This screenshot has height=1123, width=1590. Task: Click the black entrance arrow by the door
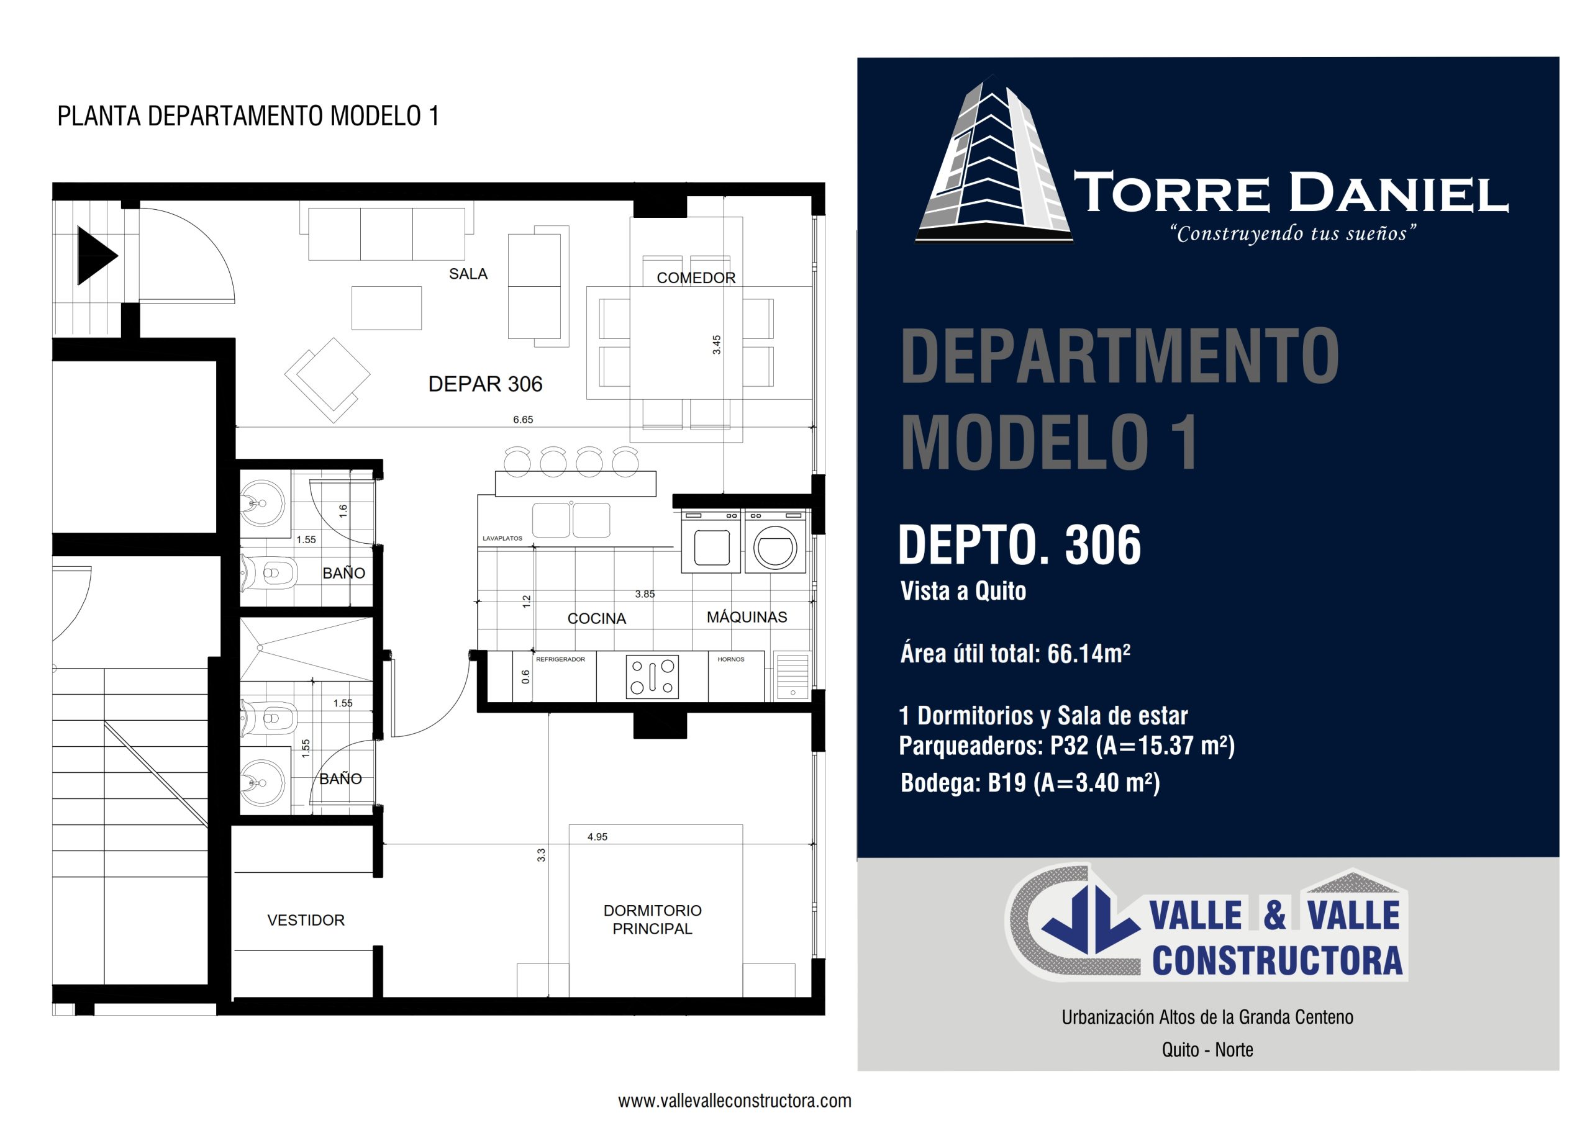96,256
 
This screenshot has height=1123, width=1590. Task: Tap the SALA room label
468,274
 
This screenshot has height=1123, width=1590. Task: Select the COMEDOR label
696,277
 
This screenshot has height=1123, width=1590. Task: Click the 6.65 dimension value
523,420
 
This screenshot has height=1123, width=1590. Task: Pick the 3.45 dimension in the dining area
717,345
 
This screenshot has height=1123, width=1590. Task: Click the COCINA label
596,618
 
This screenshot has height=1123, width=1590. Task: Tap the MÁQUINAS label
747,616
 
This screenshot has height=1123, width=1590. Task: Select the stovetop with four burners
652,677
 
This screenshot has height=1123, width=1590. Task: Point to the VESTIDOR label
306,920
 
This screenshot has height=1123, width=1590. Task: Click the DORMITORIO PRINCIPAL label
652,919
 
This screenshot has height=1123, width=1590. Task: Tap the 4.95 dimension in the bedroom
597,837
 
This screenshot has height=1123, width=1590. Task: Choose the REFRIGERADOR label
560,659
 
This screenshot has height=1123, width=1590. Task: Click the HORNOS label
730,659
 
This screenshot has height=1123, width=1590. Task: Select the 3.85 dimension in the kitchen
645,594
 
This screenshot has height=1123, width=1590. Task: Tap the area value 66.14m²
1089,653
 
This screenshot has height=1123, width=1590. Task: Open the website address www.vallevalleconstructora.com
735,1101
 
